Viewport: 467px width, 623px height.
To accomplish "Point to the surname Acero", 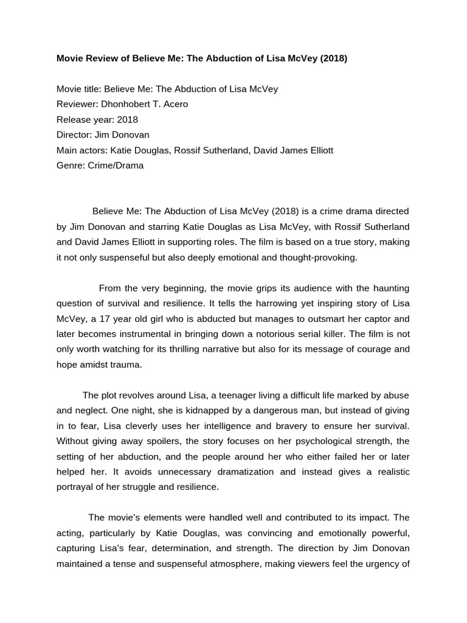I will pos(175,104).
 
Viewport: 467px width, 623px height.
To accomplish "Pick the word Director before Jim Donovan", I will pos(74,134).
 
